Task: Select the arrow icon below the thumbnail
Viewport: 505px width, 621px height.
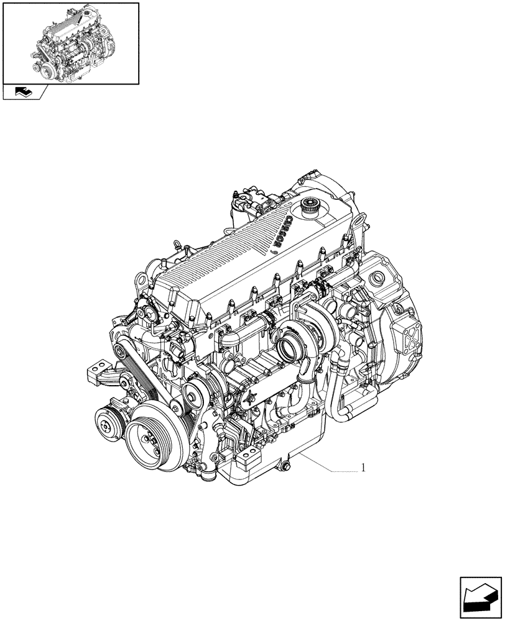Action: click(x=24, y=93)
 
